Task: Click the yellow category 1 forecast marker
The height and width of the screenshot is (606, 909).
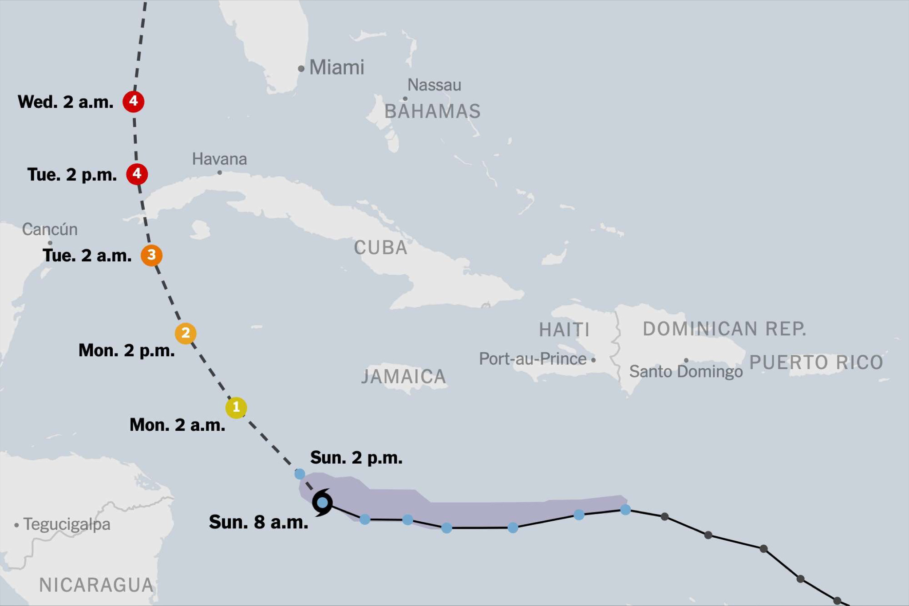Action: pyautogui.click(x=236, y=407)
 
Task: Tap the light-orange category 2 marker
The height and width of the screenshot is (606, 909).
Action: pyautogui.click(x=186, y=333)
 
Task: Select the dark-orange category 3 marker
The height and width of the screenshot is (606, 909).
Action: pyautogui.click(x=151, y=255)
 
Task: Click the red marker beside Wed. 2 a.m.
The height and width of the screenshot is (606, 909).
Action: pyautogui.click(x=133, y=101)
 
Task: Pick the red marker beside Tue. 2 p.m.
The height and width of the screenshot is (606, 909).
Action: pyautogui.click(x=137, y=173)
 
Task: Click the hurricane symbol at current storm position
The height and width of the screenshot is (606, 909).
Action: pyautogui.click(x=322, y=503)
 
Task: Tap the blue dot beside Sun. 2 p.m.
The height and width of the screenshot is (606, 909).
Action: pyautogui.click(x=300, y=474)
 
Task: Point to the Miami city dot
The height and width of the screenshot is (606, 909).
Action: pyautogui.click(x=301, y=68)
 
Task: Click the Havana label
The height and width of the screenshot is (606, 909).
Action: pyautogui.click(x=219, y=159)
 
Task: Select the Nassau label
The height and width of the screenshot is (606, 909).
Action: pyautogui.click(x=434, y=85)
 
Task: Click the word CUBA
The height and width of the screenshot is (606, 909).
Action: pyautogui.click(x=380, y=248)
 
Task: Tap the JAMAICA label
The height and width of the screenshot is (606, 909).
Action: pyautogui.click(x=403, y=377)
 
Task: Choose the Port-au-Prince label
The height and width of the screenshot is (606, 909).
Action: pyautogui.click(x=533, y=358)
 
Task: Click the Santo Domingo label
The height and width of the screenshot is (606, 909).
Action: pyautogui.click(x=686, y=371)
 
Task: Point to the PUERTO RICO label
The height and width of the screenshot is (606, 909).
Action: pyautogui.click(x=816, y=362)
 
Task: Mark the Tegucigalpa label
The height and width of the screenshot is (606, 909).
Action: pyautogui.click(x=67, y=524)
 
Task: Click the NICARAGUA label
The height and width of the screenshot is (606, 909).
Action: pyautogui.click(x=96, y=585)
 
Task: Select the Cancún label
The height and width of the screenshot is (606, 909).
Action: pyautogui.click(x=50, y=229)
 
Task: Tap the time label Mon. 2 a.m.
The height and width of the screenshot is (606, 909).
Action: pyautogui.click(x=177, y=425)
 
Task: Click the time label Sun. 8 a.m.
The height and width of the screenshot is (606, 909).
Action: pyautogui.click(x=258, y=522)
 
